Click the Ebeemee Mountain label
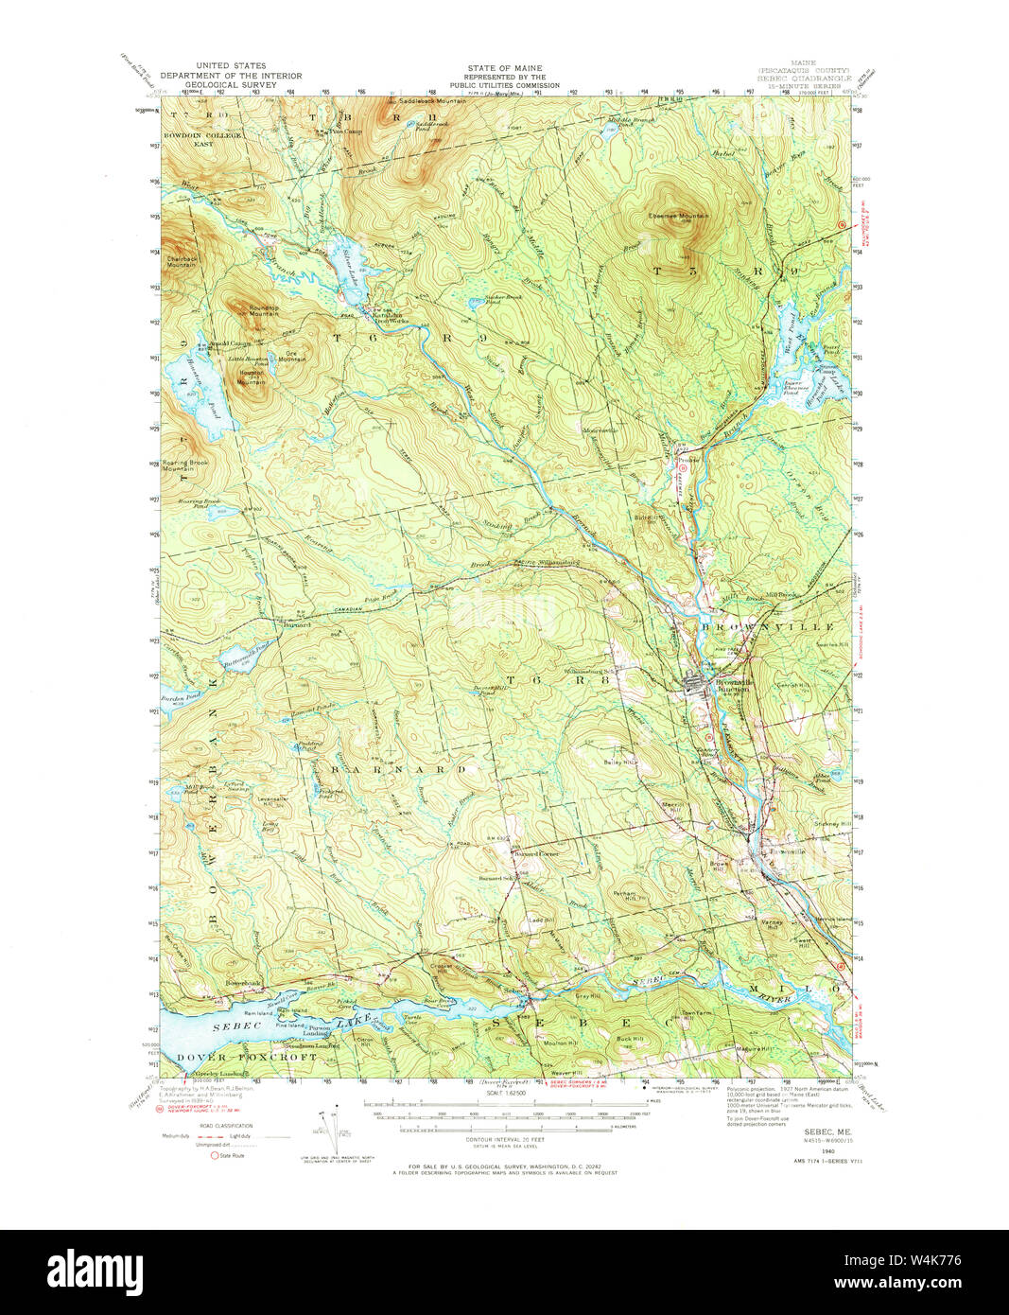[x=678, y=216]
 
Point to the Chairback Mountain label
[x=182, y=261]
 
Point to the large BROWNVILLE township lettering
[x=767, y=627]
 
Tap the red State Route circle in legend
[x=215, y=1155]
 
